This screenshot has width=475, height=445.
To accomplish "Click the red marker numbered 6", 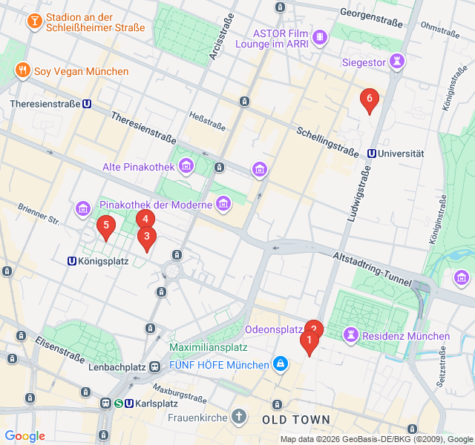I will point(369,99).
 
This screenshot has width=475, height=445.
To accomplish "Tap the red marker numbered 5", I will point(106,225).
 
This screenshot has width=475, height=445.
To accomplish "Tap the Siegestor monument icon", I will point(399,62).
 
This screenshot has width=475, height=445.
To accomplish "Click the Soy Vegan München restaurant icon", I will point(23,71).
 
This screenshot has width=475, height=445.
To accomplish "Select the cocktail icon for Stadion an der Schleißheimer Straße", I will point(33,22).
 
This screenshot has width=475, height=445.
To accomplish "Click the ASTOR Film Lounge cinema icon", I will point(320,36).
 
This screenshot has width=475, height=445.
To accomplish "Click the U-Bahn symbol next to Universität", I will point(370,154).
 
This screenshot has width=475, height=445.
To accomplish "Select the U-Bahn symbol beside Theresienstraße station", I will point(88,105).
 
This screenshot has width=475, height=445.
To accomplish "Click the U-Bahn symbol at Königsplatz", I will point(72,261).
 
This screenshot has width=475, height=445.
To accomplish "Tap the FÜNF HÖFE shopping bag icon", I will point(281,365).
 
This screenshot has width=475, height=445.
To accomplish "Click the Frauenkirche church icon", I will point(238,417).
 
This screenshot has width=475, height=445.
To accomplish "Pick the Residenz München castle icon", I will point(348,336).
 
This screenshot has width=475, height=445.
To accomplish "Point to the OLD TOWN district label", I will point(296,420).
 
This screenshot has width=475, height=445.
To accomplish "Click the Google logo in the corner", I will point(24,436).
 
